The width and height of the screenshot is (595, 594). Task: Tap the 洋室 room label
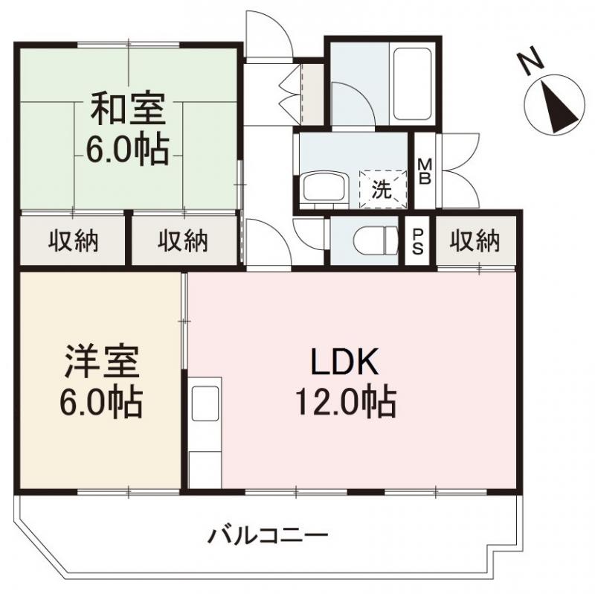click(102, 365)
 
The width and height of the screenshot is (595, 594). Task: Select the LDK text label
click(345, 363)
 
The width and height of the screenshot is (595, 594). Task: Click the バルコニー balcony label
click(268, 534)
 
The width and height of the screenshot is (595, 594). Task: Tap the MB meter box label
click(425, 172)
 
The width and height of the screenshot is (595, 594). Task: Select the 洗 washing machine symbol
click(381, 189)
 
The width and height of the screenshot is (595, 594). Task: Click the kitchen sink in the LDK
click(205, 406)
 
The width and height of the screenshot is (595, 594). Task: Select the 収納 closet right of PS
click(476, 241)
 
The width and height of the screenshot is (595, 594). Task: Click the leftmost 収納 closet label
click(74, 241)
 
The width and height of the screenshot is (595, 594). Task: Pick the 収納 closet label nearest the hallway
click(182, 241)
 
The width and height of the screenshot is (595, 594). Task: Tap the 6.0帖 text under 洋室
click(102, 404)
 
